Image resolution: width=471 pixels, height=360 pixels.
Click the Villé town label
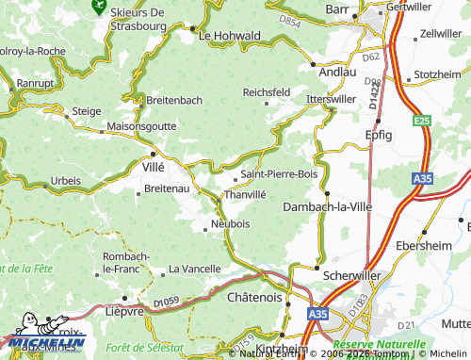[x=152, y=165]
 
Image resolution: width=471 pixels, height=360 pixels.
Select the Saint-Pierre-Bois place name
[x=280, y=174]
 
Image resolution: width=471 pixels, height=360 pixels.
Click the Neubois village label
[x=231, y=224]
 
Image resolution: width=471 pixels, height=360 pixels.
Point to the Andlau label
[x=337, y=71]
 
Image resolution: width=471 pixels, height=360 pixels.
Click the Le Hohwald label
[x=230, y=36]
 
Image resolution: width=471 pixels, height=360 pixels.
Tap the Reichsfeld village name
[x=267, y=92]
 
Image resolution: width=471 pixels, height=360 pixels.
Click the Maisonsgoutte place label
[x=140, y=125]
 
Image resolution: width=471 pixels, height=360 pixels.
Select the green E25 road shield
[x=421, y=121]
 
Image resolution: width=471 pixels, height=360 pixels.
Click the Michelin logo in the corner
[x=42, y=342]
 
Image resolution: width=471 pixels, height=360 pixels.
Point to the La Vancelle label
[x=194, y=270]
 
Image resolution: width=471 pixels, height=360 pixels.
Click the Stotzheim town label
[x=437, y=74]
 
